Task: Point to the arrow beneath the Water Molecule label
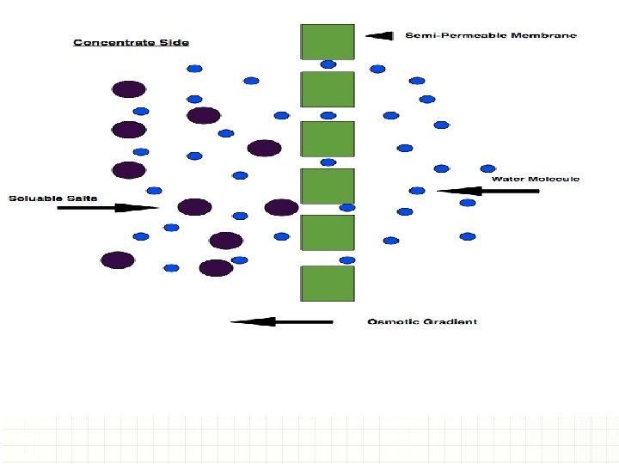(x=487, y=191)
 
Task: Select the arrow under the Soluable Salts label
(x=107, y=207)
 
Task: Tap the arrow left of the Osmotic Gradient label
(x=281, y=322)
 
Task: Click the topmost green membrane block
(x=327, y=41)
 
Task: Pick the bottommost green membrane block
(x=327, y=283)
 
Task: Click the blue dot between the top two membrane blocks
(x=328, y=64)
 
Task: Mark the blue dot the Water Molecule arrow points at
(x=418, y=191)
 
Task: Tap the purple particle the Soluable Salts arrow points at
(x=194, y=207)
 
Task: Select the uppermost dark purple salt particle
(x=129, y=89)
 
